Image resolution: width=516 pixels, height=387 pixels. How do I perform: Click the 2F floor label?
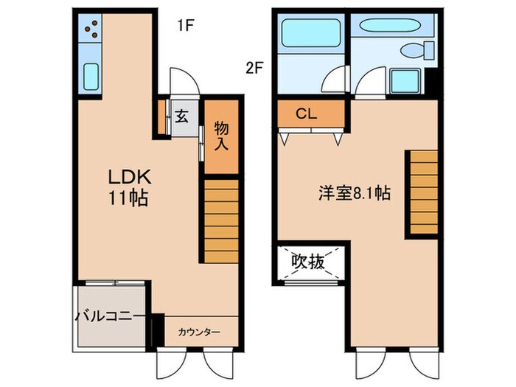[x=254, y=68]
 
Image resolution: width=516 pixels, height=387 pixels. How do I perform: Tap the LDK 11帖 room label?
[x=130, y=187]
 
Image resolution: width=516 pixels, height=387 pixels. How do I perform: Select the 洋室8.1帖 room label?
[x=354, y=194]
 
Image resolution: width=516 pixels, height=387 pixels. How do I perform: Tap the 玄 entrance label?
[x=181, y=116]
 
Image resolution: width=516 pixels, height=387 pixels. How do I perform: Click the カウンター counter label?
[x=198, y=332]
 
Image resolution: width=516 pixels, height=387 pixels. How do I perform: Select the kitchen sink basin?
[x=91, y=76]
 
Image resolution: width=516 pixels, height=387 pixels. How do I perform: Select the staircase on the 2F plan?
[x=424, y=192]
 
